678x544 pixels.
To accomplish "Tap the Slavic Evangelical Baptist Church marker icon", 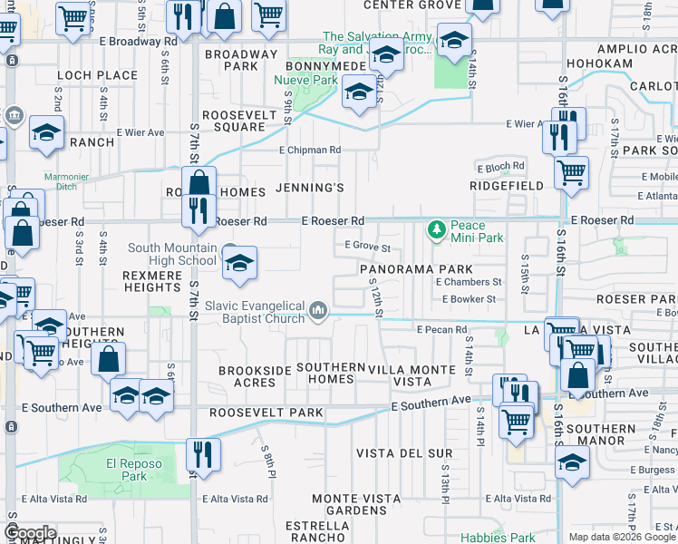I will (x=318, y=312).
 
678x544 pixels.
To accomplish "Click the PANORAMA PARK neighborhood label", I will (x=416, y=269).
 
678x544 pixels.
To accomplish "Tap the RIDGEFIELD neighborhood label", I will (x=507, y=186).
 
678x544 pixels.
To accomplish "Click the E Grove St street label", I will (x=367, y=247).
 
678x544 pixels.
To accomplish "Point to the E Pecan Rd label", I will (x=441, y=330).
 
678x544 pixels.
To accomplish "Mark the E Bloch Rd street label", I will (x=500, y=167).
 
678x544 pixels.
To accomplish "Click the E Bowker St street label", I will (x=466, y=298).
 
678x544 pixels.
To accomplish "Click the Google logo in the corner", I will (x=30, y=533).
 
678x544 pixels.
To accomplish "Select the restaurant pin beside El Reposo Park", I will (x=203, y=454).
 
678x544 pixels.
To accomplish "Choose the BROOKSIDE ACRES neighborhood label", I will (x=247, y=376).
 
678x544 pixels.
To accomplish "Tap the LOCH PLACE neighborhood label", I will (x=84, y=75).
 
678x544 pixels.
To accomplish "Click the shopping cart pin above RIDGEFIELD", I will (x=571, y=172).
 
